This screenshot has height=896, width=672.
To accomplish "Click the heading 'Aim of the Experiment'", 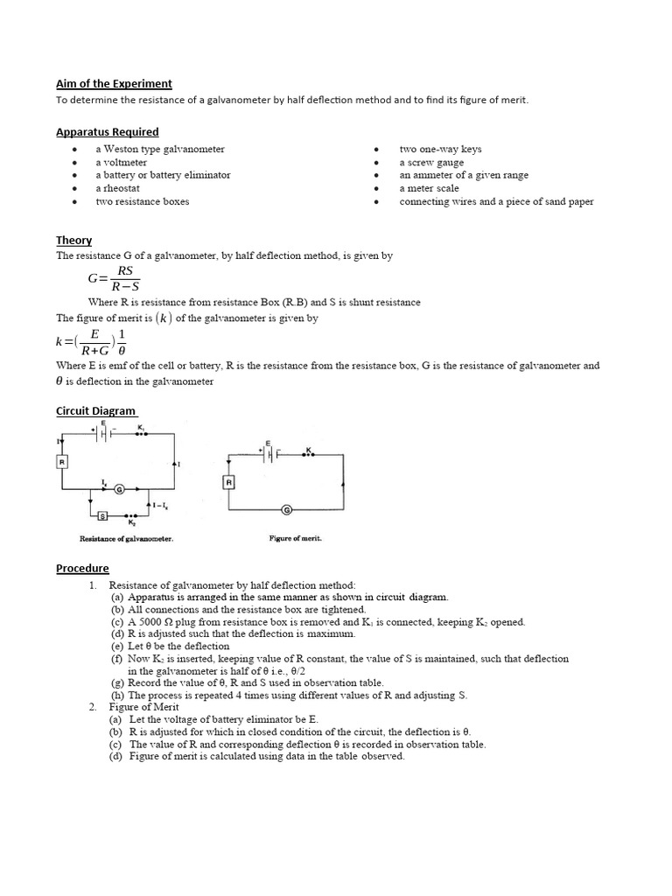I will (114, 84).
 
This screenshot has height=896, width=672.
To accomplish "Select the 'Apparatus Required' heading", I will (107, 132).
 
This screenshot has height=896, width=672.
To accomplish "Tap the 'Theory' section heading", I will (73, 241).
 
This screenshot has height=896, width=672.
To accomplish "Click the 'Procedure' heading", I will (82, 569).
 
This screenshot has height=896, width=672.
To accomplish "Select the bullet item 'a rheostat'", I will (118, 188).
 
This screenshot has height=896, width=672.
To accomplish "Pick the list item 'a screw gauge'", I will (431, 163).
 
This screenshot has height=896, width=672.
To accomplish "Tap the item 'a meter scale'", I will (429, 188).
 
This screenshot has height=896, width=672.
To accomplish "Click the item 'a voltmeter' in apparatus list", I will (121, 163).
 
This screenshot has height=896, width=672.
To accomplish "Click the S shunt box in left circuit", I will (102, 516).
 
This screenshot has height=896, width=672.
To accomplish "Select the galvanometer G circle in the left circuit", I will (120, 489).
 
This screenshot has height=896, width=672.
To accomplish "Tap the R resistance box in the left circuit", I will (62, 460).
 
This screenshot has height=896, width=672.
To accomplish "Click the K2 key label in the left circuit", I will (132, 523).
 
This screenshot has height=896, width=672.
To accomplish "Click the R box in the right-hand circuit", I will (228, 482).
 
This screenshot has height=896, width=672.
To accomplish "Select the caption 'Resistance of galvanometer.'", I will (126, 539).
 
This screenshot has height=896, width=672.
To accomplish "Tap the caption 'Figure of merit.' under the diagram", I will (295, 538).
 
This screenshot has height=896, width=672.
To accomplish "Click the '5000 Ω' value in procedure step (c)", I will (160, 622).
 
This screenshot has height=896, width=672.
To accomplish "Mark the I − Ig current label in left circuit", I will (160, 505).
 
